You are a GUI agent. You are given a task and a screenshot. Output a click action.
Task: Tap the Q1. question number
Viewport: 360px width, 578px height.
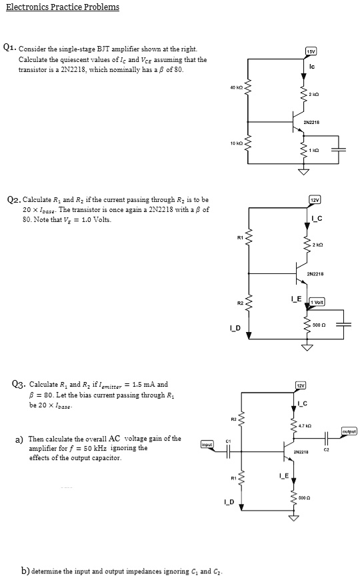point(9,47)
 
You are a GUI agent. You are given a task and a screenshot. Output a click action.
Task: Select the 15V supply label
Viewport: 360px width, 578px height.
point(311,51)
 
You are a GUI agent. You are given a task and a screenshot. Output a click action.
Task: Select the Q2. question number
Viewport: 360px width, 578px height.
point(13,199)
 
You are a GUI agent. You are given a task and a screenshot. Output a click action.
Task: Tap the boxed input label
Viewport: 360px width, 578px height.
point(208,443)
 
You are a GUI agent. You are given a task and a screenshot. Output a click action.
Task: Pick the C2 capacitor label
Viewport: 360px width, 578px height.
point(326,451)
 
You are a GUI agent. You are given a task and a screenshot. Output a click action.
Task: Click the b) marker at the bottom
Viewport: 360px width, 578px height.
point(27,570)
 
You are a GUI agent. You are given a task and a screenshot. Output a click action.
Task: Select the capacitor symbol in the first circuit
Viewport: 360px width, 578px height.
point(339,147)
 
